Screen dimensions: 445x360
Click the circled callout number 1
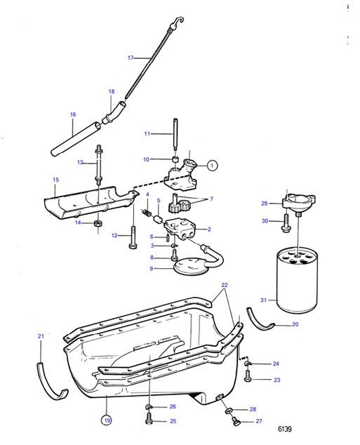coord(212,166)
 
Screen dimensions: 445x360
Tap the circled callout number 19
coord(106,420)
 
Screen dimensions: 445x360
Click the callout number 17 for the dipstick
coord(130,58)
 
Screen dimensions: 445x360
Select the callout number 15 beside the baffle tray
coord(55,180)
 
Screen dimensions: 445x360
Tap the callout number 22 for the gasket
coord(224,285)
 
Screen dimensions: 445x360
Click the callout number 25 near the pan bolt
coord(173,421)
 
